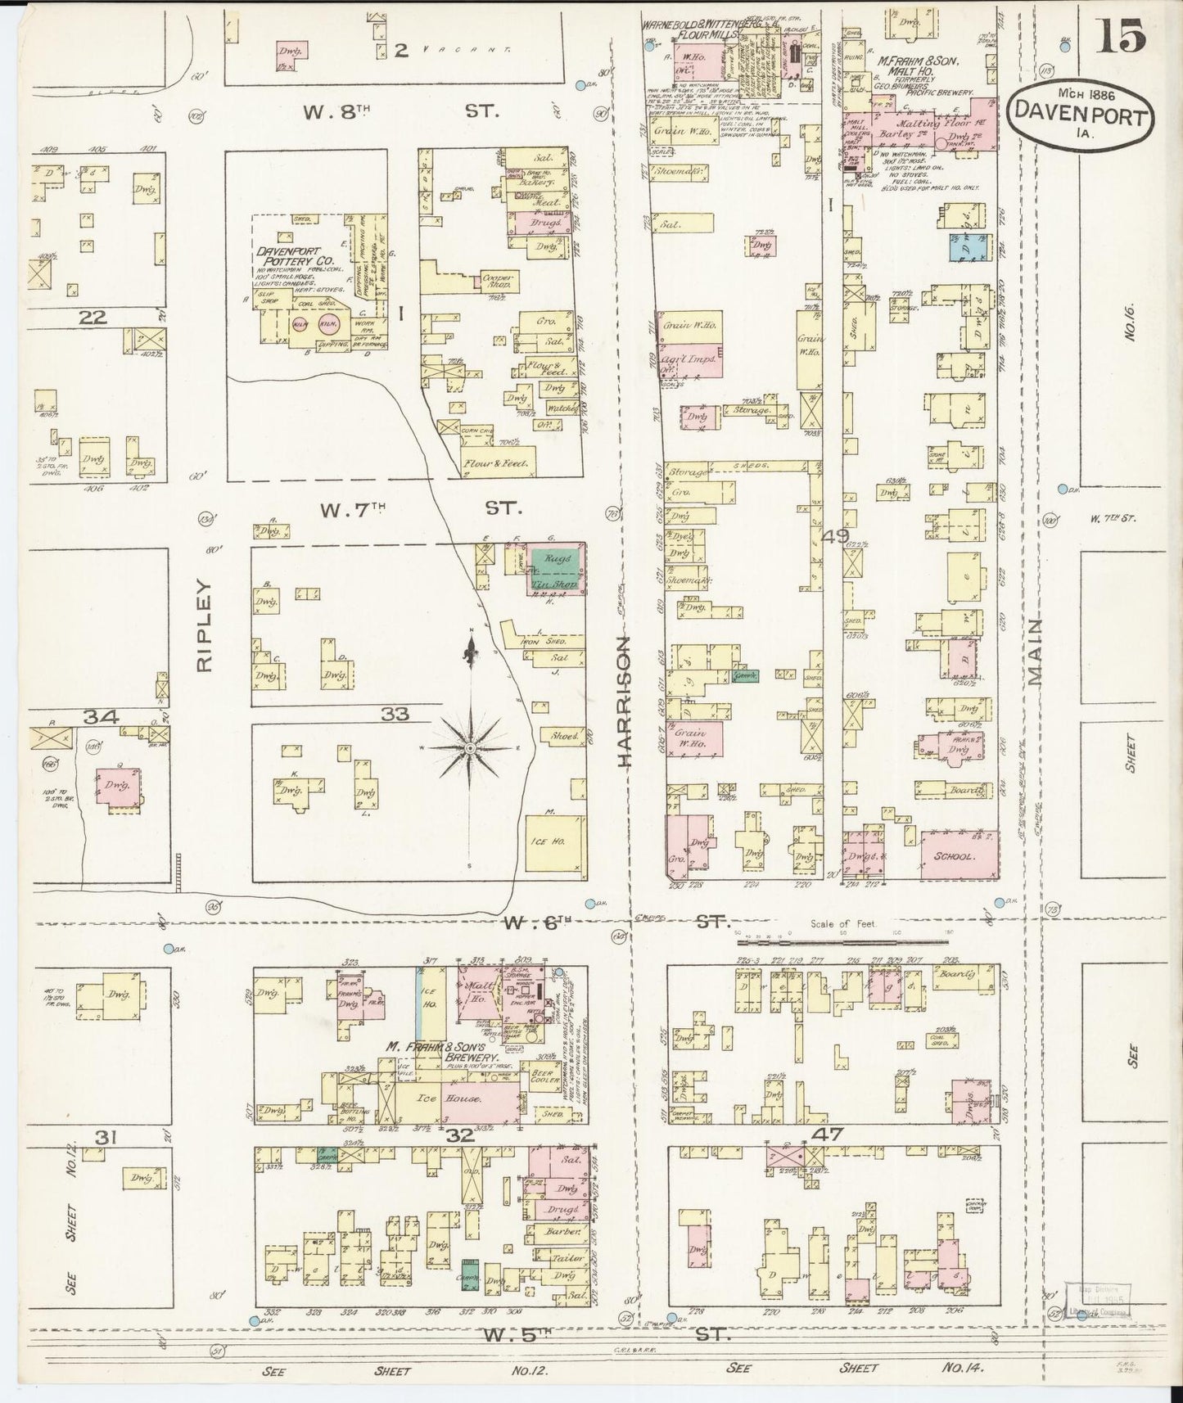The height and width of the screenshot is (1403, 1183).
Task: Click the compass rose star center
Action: pos(471,749)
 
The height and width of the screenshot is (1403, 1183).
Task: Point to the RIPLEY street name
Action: pos(204,626)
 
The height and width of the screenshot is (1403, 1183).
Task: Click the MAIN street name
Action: pos(1037,651)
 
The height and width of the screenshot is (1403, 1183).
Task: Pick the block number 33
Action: pos(395,715)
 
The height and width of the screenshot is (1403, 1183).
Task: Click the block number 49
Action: pos(837,536)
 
